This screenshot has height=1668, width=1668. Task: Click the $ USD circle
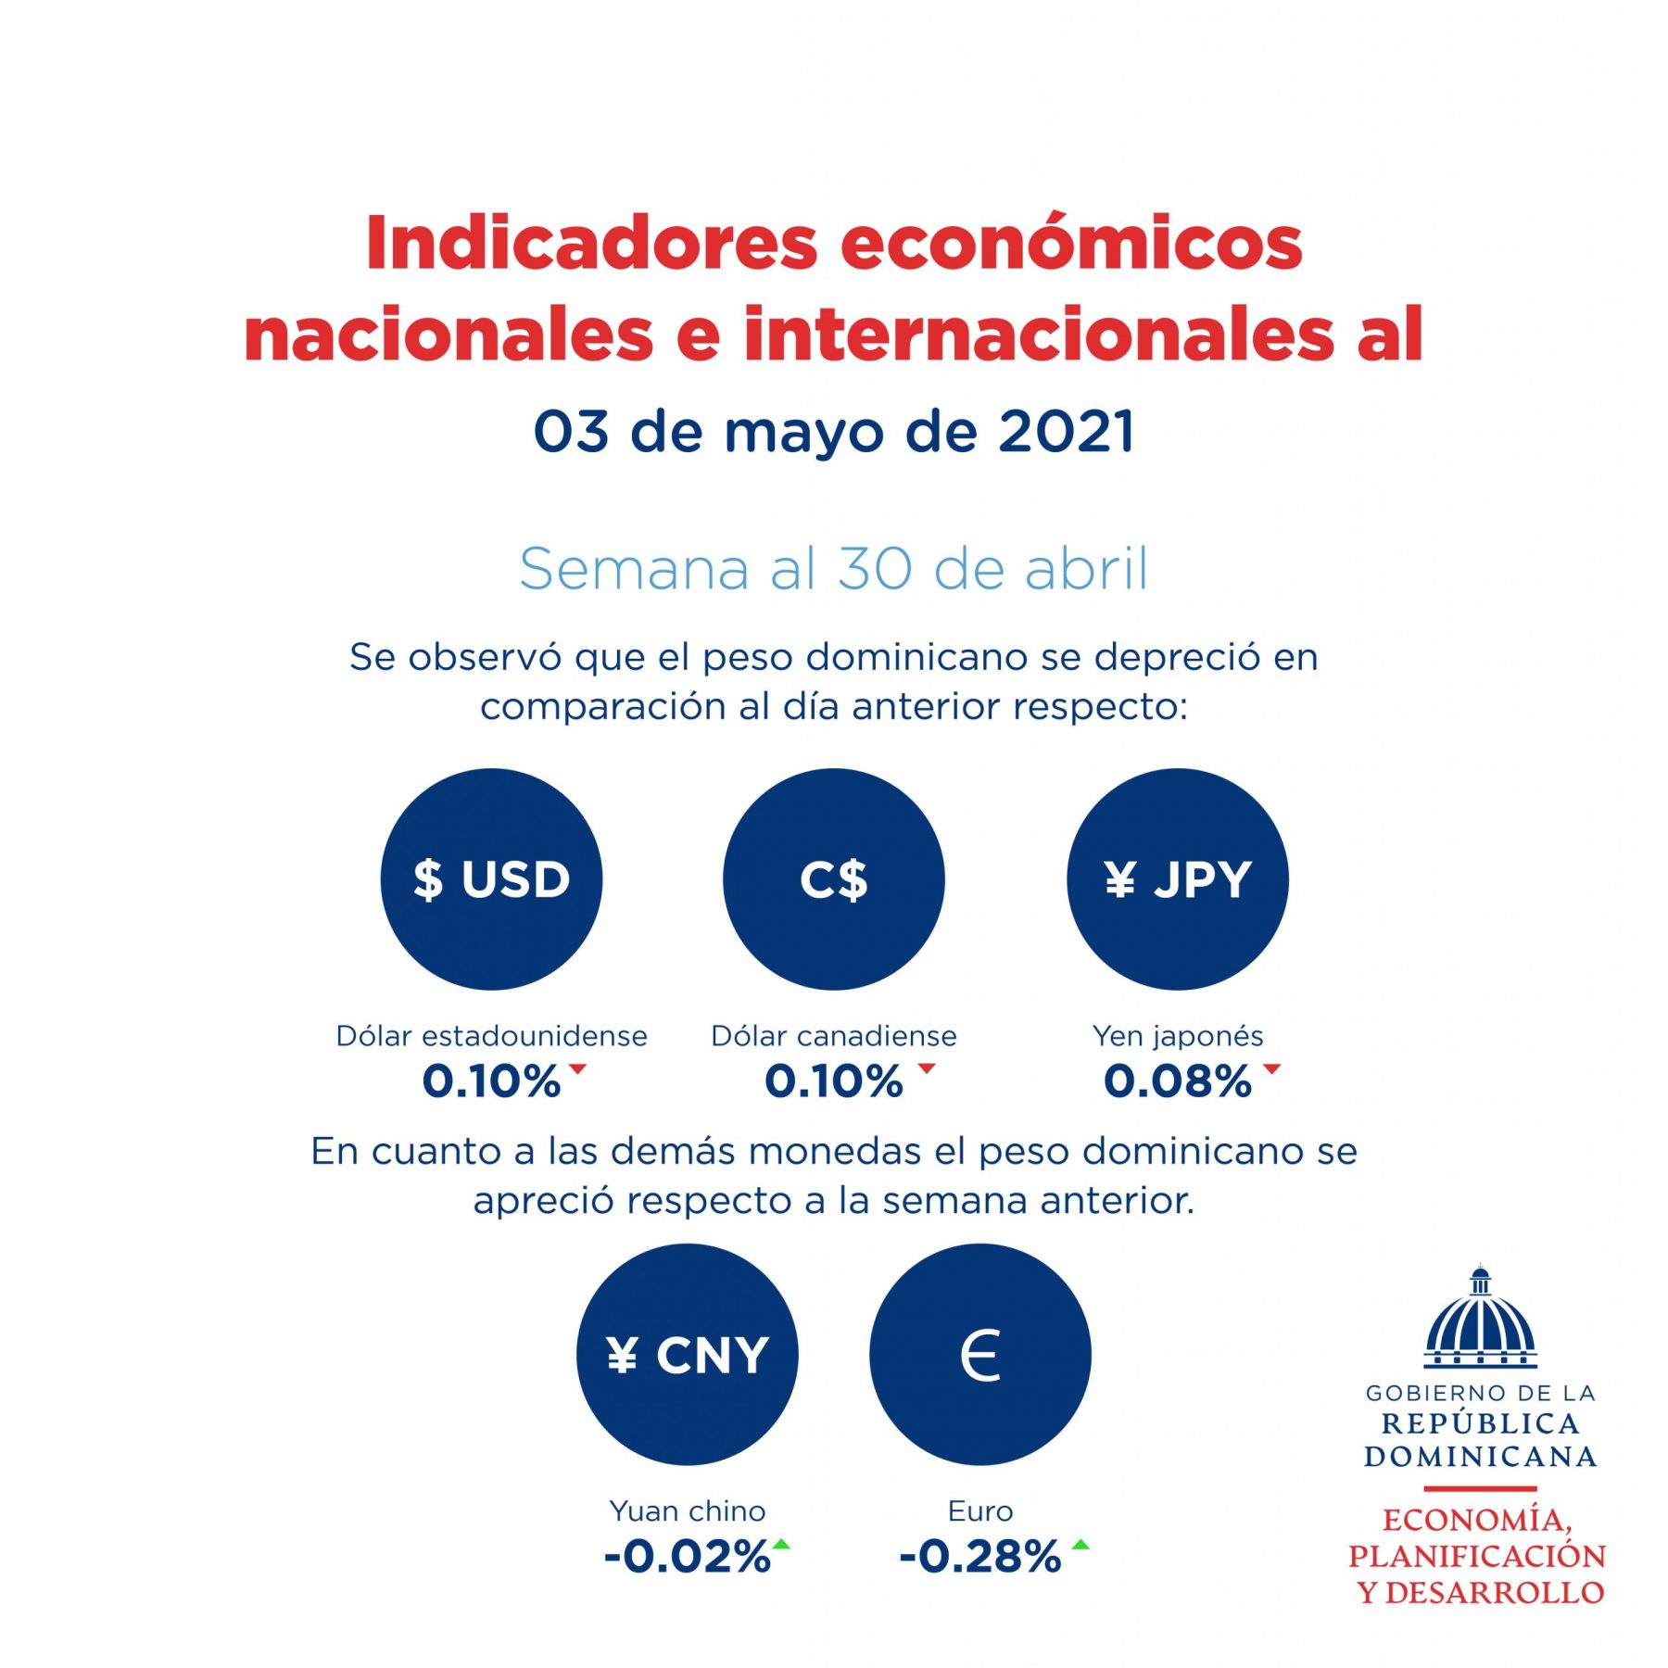click(491, 878)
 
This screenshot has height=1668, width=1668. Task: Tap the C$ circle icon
click(834, 878)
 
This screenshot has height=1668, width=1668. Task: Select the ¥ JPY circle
click(1177, 878)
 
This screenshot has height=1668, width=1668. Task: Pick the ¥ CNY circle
click(687, 1354)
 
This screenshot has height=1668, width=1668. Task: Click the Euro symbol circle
click(980, 1354)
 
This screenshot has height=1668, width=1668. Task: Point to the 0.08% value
click(1177, 1081)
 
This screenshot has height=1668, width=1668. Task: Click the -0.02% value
click(687, 1557)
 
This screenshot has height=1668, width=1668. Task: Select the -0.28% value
click(979, 1557)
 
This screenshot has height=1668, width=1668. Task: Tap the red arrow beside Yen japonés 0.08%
click(1271, 1068)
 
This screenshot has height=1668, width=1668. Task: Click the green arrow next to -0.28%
click(1080, 1544)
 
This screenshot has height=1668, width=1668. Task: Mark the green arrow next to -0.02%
click(781, 1544)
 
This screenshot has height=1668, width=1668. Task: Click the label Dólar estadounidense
click(491, 1035)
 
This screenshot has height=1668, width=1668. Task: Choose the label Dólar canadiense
click(834, 1035)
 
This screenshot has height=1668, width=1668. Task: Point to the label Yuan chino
click(687, 1510)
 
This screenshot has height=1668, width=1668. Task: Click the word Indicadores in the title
click(591, 244)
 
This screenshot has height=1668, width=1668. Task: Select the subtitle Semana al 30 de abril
click(834, 568)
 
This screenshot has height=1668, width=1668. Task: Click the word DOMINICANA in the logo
click(1480, 1456)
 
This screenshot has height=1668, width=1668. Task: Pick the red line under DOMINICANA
click(1480, 1488)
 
